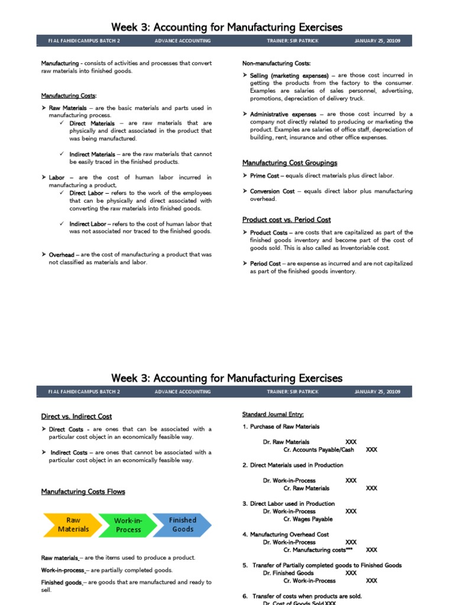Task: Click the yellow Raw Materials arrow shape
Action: [73, 525]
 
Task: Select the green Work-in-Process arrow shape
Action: [128, 525]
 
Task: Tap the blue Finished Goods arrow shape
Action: [182, 525]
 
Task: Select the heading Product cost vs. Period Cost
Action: [286, 220]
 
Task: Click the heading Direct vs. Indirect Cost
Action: [76, 417]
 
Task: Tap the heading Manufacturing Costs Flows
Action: [83, 492]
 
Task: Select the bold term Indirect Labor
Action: [88, 224]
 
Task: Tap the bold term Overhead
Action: [61, 255]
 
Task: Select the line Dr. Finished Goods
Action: [288, 573]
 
